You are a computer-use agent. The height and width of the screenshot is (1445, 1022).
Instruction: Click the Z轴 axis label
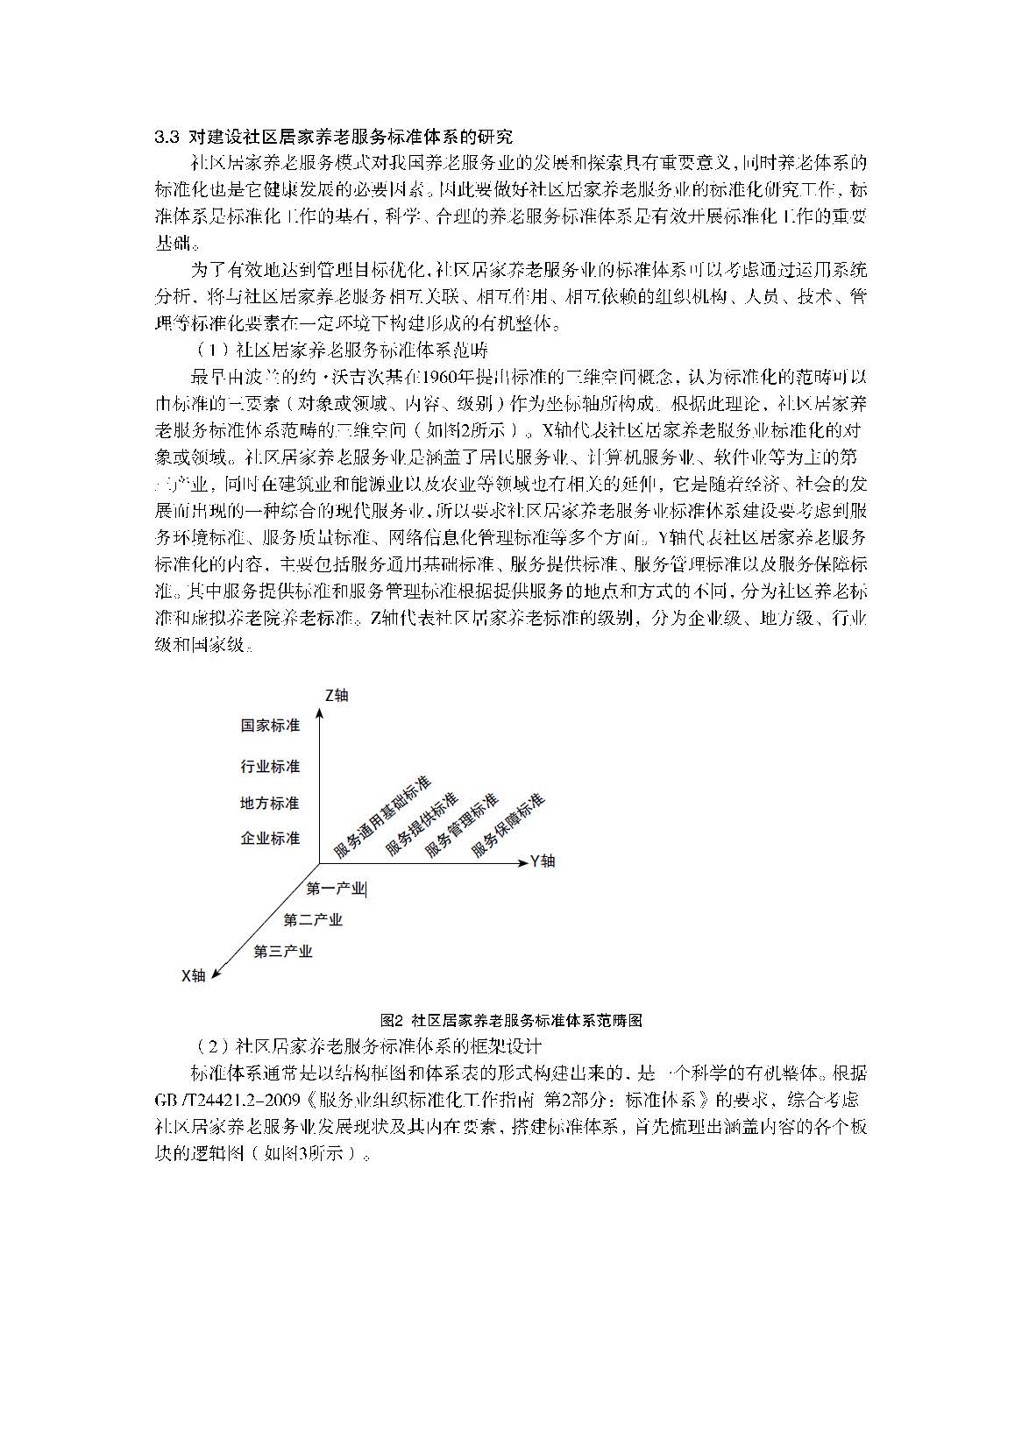pos(336,695)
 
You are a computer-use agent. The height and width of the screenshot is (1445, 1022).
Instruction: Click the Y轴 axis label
pos(543,861)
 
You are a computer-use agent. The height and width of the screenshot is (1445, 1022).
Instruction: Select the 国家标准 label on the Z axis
pos(270,726)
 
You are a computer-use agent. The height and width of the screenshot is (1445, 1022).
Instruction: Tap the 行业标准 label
pos(270,767)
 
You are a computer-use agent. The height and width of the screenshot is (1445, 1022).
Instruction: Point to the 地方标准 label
pos(270,803)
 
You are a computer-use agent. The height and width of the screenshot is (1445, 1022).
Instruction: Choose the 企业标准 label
pos(270,839)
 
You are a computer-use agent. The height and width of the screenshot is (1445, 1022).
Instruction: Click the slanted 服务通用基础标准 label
pos(382,817)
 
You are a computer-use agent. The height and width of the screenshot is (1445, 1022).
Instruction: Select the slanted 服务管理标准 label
pos(462,825)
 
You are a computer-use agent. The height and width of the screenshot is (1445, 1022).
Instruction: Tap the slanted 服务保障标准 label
pos(507,825)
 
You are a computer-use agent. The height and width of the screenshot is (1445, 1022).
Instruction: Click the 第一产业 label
pos(335,889)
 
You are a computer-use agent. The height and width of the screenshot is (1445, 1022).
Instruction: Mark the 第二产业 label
pos(312,920)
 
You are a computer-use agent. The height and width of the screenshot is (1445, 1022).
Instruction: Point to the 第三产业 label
pos(282,952)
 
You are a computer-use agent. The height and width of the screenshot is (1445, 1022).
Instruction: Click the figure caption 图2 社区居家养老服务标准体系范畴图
pos(512,1021)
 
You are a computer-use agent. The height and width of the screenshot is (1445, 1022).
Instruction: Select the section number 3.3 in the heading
pos(167,137)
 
